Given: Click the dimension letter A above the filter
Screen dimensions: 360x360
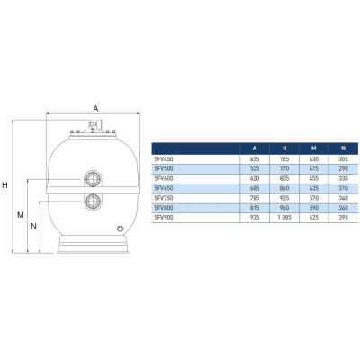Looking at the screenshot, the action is pos(95,109).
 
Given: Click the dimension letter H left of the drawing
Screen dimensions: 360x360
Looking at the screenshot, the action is pos(4,185).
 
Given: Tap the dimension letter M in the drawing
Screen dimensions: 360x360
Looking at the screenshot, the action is pos(21,215).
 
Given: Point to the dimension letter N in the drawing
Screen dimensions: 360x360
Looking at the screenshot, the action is pos(34,226).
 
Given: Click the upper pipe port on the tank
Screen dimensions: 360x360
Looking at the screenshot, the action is pos(93,179).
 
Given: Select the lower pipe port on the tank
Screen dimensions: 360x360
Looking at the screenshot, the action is pos(93,202).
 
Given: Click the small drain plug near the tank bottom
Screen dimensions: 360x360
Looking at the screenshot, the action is pos(121,229).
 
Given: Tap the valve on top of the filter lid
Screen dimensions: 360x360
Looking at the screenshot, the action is pos(94,124).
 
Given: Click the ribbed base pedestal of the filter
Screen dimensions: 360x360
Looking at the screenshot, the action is pos(93,244).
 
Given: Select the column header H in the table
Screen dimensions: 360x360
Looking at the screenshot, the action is pos(284,148).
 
